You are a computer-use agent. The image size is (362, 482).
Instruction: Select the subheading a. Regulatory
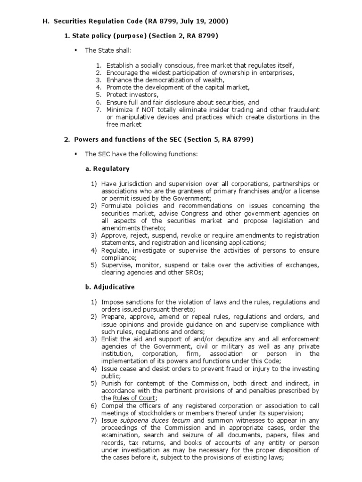(x=107, y=168)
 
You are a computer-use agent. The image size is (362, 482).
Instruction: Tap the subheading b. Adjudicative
(x=109, y=286)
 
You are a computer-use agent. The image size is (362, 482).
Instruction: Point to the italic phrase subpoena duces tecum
(x=150, y=420)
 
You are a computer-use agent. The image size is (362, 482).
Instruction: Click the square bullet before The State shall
(x=75, y=49)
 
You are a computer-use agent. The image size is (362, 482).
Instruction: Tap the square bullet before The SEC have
(x=75, y=153)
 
